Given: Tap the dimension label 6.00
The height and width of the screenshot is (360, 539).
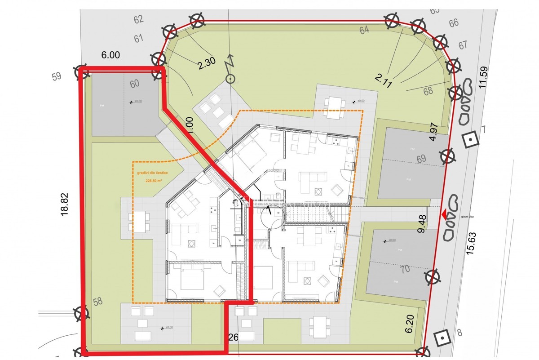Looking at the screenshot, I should [x=110, y=55].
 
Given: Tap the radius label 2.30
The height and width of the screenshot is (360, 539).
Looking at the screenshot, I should [x=207, y=64].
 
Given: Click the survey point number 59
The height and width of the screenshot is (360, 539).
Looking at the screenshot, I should [x=56, y=76].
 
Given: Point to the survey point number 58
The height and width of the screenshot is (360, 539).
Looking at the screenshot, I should [x=97, y=302].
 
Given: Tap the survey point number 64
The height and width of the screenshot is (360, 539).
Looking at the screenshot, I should [x=364, y=30].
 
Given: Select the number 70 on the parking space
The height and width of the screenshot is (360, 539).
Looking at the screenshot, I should [x=405, y=270].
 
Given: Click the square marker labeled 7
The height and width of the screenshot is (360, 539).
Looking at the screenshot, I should [x=470, y=140].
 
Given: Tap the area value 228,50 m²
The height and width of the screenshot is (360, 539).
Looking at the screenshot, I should [x=154, y=181].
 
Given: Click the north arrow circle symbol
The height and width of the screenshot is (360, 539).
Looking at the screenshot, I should [x=230, y=80].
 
